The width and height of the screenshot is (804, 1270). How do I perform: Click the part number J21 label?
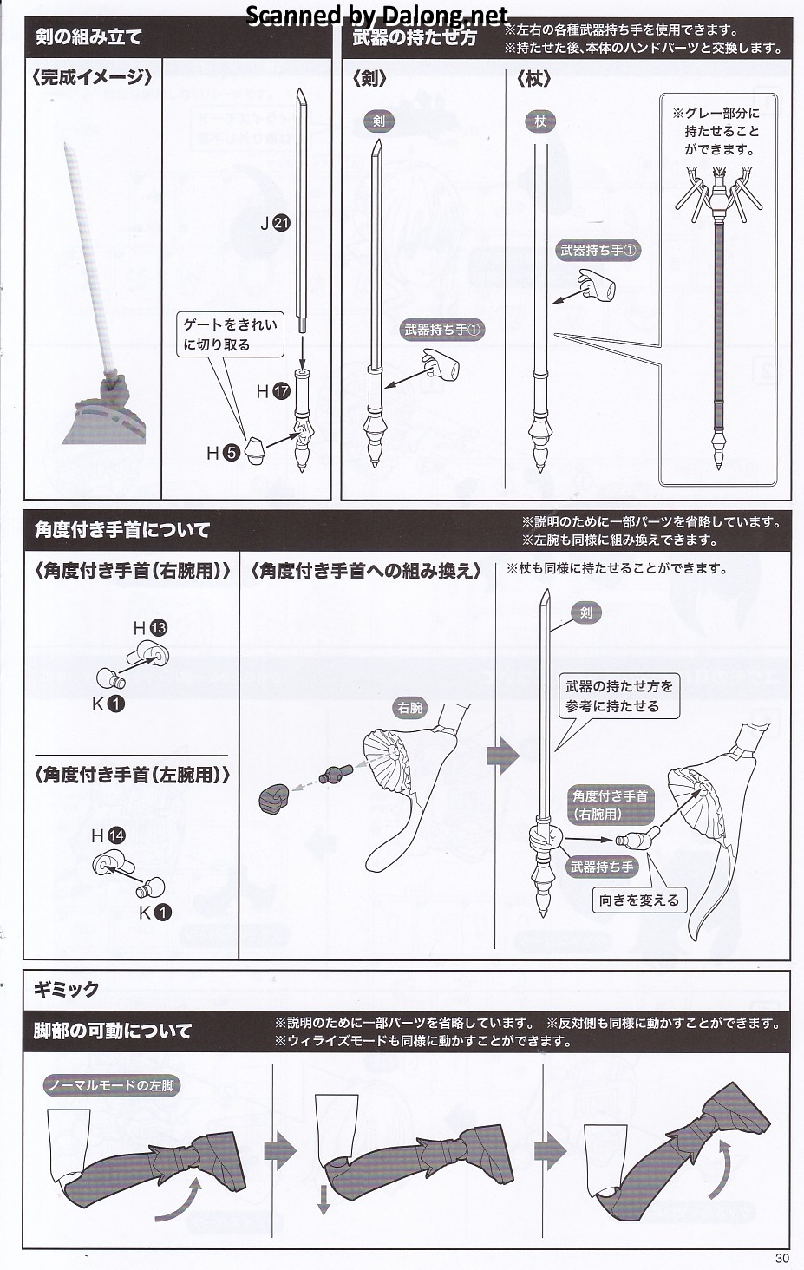click(x=275, y=223)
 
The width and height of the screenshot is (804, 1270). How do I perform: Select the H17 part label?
click(x=272, y=391)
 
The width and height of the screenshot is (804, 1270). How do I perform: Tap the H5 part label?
click(x=221, y=452)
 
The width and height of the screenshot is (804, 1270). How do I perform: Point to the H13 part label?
click(x=149, y=627)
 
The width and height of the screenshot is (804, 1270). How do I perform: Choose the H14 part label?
click(x=108, y=835)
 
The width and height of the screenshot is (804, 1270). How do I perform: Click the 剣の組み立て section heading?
click(x=88, y=37)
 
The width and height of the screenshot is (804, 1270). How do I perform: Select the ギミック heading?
click(x=67, y=989)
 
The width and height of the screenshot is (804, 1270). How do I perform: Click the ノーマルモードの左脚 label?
click(x=111, y=1085)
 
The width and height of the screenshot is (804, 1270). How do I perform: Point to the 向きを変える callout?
click(x=639, y=900)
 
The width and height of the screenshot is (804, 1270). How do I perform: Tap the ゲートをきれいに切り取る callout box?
click(x=230, y=334)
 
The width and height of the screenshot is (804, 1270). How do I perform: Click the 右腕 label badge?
click(x=409, y=708)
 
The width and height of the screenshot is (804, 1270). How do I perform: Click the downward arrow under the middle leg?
click(x=324, y=1200)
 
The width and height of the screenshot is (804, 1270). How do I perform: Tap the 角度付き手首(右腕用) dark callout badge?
click(x=610, y=804)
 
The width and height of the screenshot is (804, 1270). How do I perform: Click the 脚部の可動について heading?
click(x=113, y=1031)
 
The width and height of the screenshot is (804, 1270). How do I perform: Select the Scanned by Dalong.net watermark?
click(x=376, y=15)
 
